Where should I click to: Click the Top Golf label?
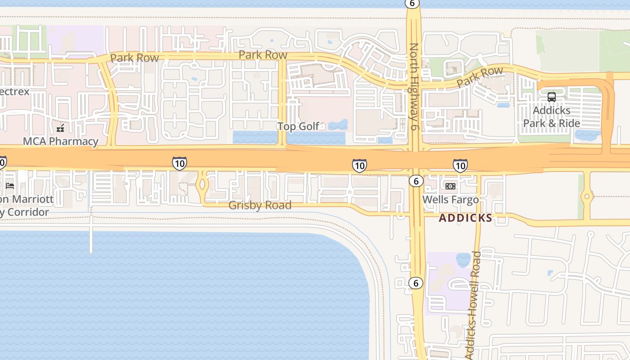(x=298, y=126)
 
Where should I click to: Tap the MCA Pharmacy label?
(x=60, y=141)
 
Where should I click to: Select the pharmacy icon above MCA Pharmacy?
(x=60, y=129)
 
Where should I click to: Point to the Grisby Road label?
(x=260, y=205)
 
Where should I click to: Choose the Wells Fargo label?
(x=450, y=199)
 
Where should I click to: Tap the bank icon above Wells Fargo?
(x=450, y=186)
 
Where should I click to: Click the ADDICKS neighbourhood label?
(x=465, y=218)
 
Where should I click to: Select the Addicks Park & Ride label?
(x=551, y=117)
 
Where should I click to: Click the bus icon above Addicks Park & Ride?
(x=551, y=97)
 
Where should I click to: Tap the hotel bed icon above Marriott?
(x=10, y=185)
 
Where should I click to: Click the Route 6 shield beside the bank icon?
(x=416, y=181)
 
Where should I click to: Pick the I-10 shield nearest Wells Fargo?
(x=459, y=166)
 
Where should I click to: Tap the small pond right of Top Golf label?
(x=338, y=125)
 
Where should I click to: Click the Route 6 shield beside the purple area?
(x=415, y=283)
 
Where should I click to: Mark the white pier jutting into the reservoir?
(x=91, y=238)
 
